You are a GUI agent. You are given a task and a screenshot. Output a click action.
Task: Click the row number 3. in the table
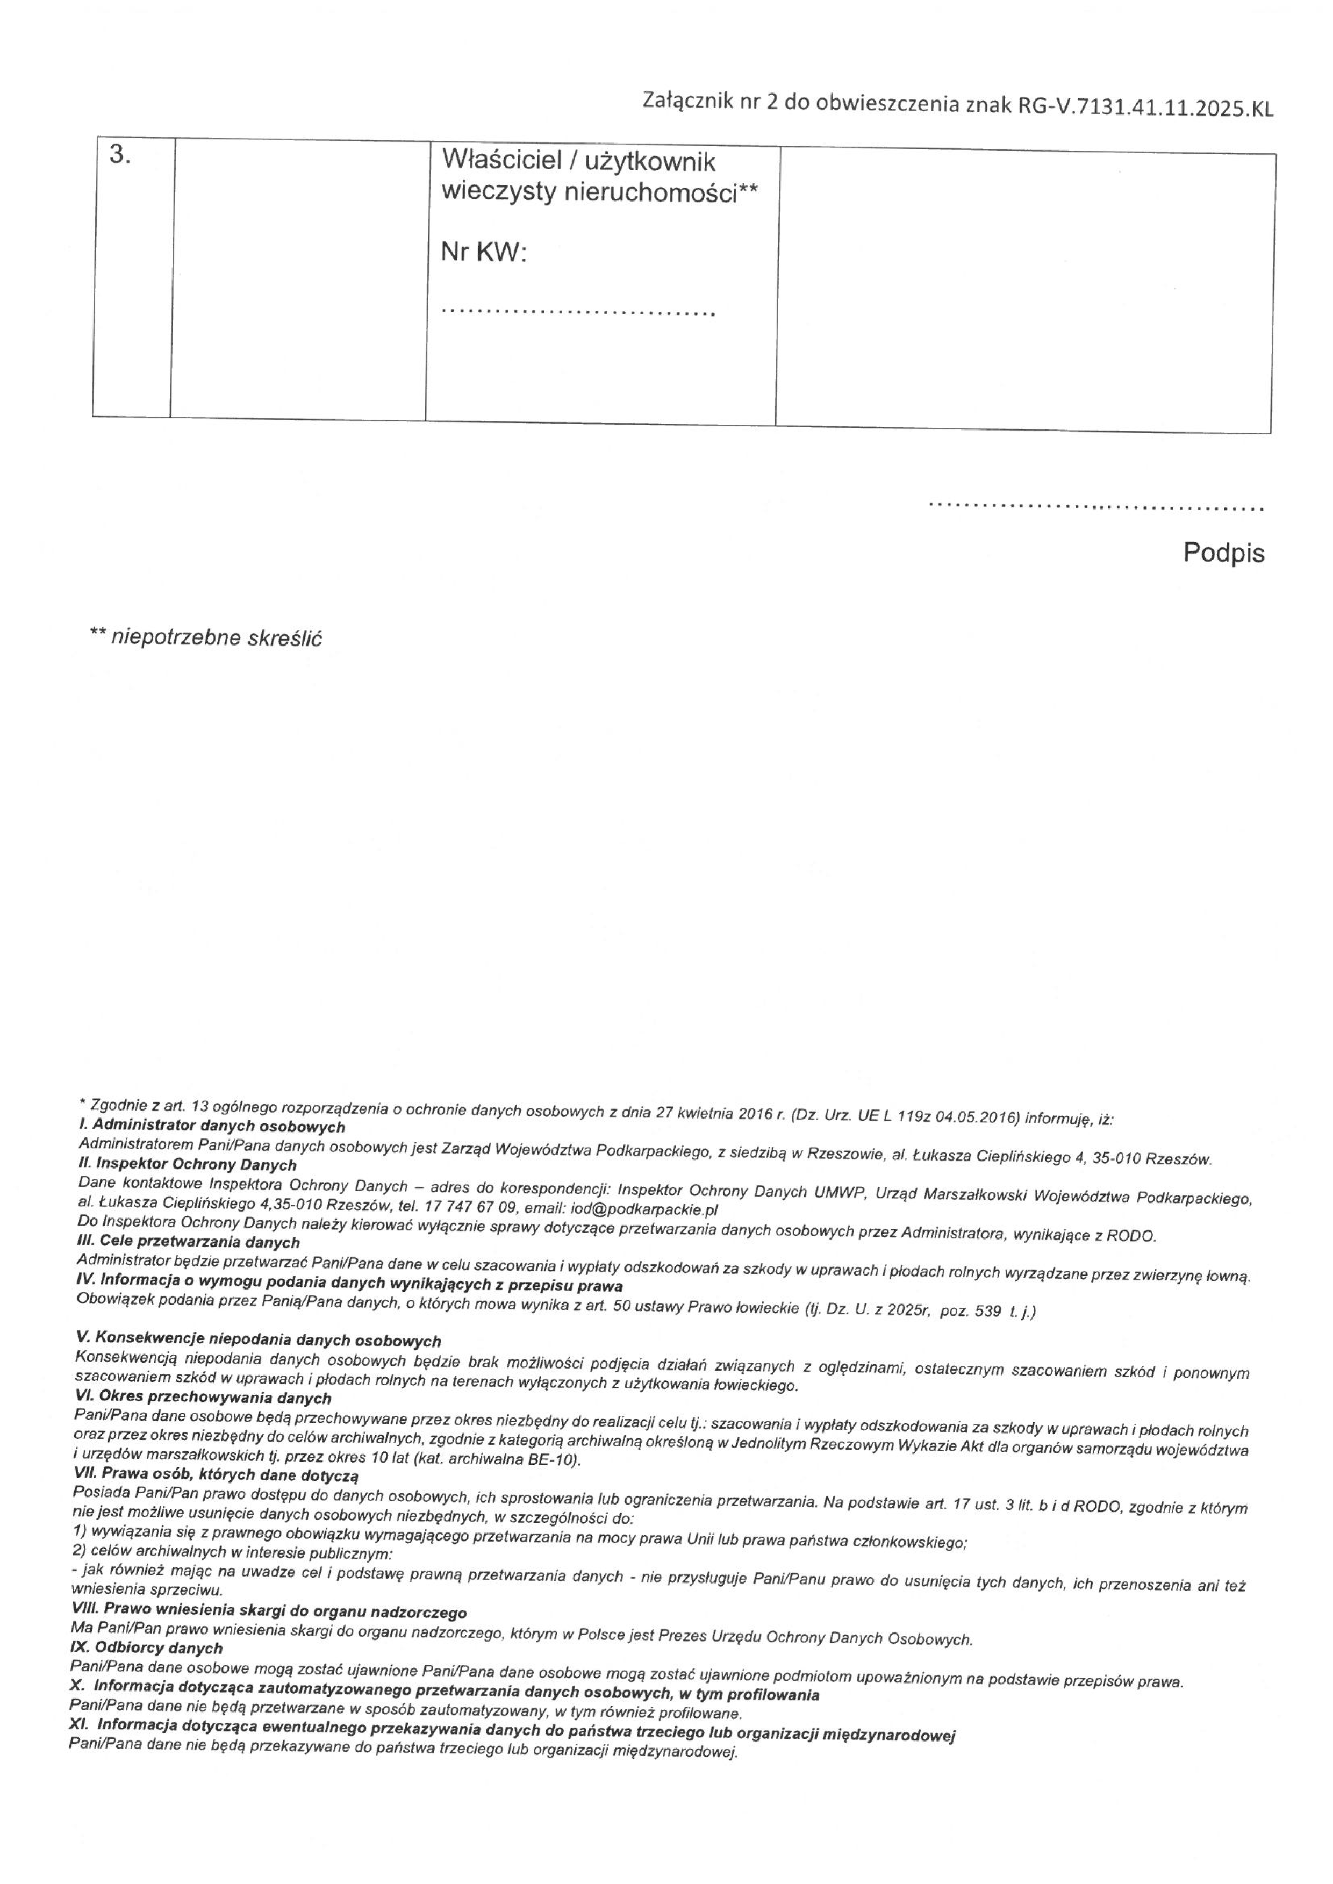[120, 155]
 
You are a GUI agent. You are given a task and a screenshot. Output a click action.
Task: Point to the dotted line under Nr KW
[578, 311]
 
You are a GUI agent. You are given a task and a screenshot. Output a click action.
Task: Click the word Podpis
[1223, 553]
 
